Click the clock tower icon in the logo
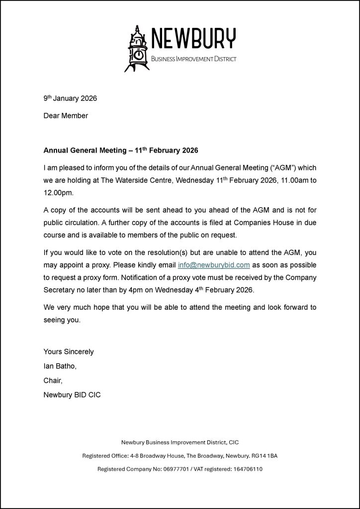[137, 49]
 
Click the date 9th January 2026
[70, 98]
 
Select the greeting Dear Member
[66, 116]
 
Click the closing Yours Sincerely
[69, 352]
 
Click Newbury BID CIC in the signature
[72, 396]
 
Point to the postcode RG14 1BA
[271, 455]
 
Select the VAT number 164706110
[245, 469]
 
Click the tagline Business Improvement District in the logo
[193, 59]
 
